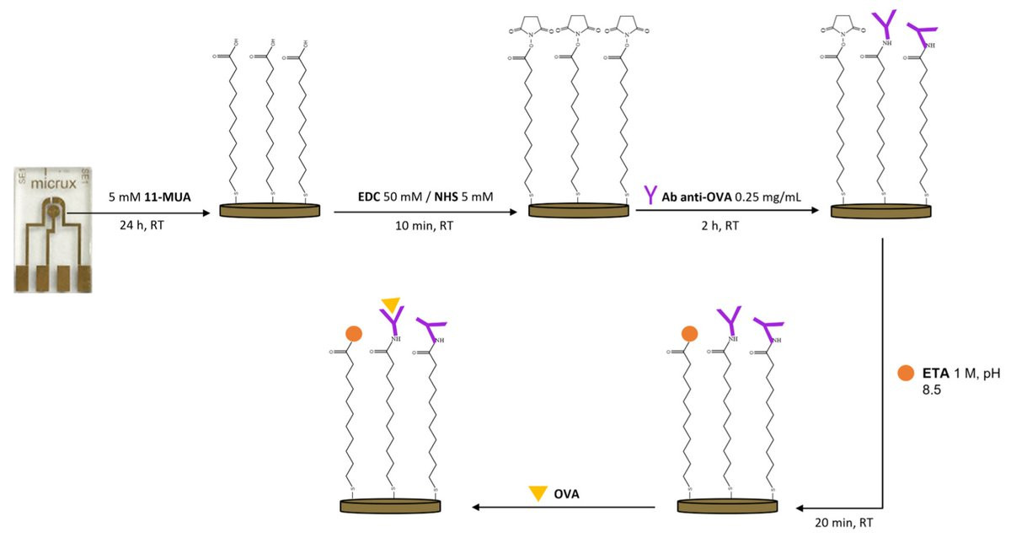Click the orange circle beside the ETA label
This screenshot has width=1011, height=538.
pos(906,372)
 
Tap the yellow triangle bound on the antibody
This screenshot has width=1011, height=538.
pos(390,304)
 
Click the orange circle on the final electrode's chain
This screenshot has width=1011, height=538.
pos(353,333)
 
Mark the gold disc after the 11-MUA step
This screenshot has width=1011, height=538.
pos(270,210)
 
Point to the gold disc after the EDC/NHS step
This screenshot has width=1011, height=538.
pos(579,210)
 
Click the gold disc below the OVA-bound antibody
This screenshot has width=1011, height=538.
pos(391,505)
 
